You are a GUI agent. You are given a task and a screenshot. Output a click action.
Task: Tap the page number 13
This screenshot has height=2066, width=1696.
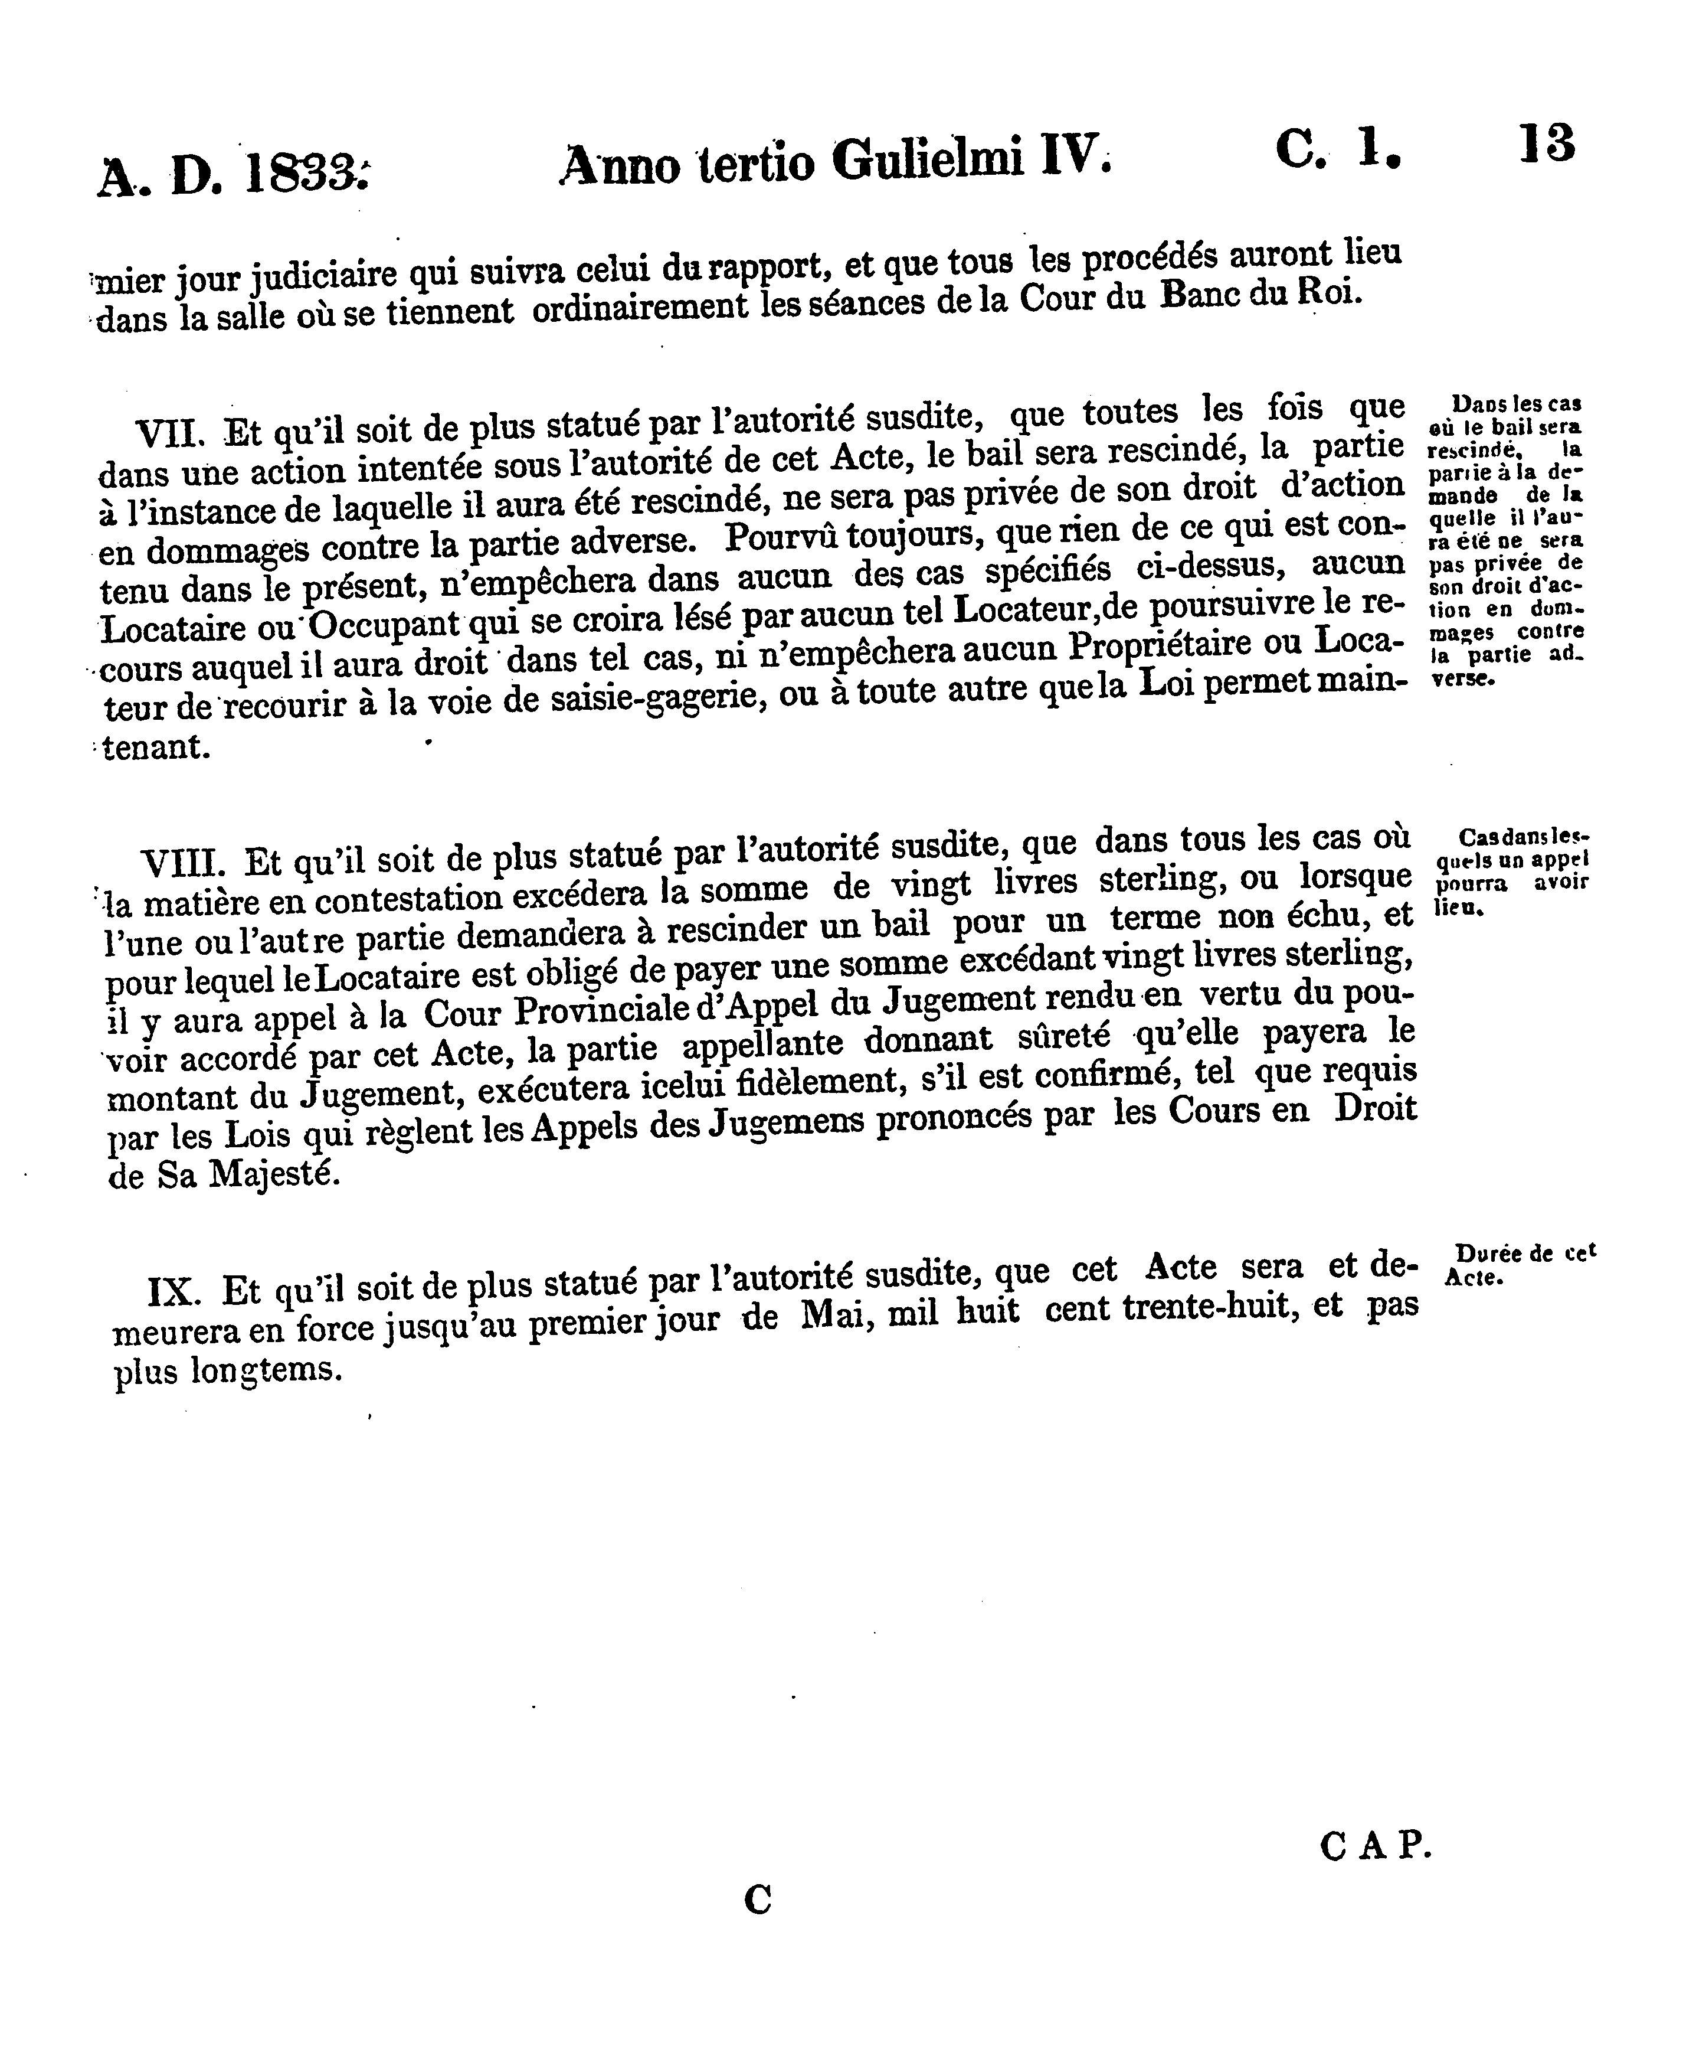point(1547,145)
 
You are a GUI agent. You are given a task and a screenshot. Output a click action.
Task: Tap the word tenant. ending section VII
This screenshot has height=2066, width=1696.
point(156,748)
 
